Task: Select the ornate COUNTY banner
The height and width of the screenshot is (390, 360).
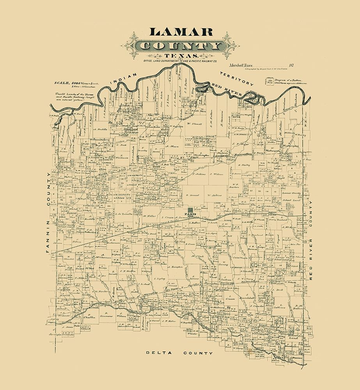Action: (180, 46)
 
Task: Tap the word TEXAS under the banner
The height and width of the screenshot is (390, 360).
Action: (180, 57)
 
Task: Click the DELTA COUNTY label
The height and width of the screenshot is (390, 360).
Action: (179, 353)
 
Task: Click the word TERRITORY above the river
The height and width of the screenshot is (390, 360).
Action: (237, 78)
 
